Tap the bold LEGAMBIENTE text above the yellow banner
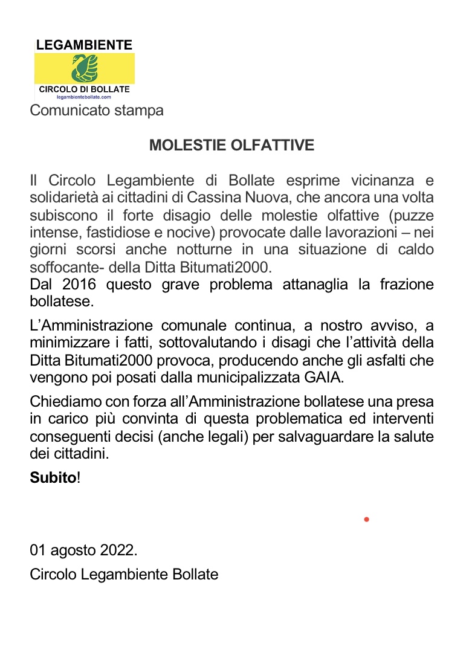pos(84,45)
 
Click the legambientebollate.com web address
pos(84,97)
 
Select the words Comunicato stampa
pos(97,111)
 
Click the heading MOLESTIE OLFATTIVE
pos(231,146)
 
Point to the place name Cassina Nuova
pos(259,198)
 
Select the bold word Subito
pos(54,477)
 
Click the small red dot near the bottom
pos(366,519)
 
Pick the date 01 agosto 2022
pos(83,550)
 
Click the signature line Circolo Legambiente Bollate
pos(124,574)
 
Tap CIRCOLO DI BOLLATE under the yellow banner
pos(84,89)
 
